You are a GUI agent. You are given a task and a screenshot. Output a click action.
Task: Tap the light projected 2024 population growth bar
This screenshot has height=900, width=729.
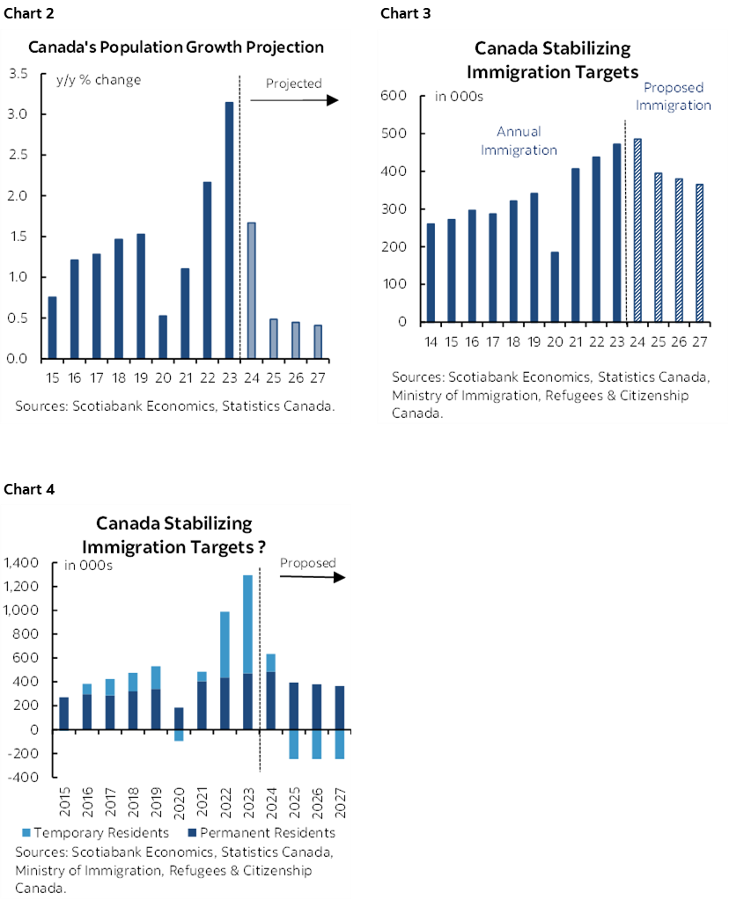(251, 290)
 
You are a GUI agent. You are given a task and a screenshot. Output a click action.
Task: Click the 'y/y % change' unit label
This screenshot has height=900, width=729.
(92, 79)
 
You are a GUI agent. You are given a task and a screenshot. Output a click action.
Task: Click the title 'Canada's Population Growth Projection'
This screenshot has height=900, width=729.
(176, 47)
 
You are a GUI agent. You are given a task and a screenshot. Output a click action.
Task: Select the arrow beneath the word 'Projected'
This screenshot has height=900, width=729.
(294, 100)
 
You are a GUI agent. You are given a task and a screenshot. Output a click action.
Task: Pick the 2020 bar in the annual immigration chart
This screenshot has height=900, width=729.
(529, 286)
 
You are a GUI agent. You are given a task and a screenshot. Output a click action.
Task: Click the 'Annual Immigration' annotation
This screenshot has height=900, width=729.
(519, 141)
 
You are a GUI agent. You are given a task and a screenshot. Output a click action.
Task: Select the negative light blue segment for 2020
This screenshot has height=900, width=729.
(179, 735)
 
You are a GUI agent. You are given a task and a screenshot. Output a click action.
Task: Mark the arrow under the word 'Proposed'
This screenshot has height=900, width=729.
(313, 578)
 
